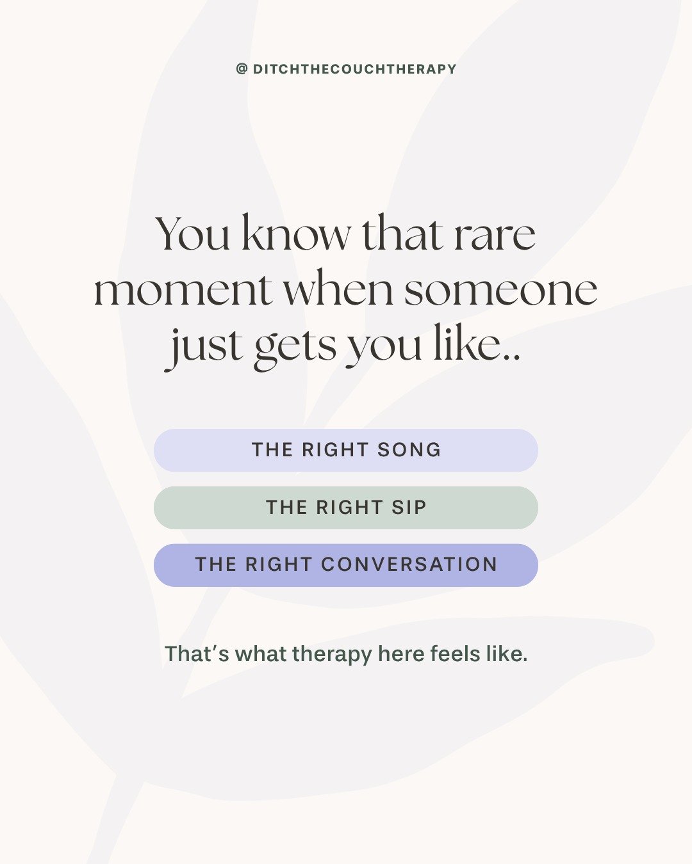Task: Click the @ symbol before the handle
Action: (242, 69)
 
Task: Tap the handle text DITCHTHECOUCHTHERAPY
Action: (354, 69)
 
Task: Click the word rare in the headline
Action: (494, 234)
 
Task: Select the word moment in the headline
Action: (183, 290)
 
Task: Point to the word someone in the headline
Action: (500, 290)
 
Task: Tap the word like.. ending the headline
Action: (477, 346)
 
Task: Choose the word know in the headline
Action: (296, 234)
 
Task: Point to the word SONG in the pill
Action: (409, 450)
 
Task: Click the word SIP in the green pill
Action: (409, 508)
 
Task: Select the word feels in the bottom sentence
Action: (455, 654)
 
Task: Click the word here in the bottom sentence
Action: (401, 654)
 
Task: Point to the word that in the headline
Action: (402, 234)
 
